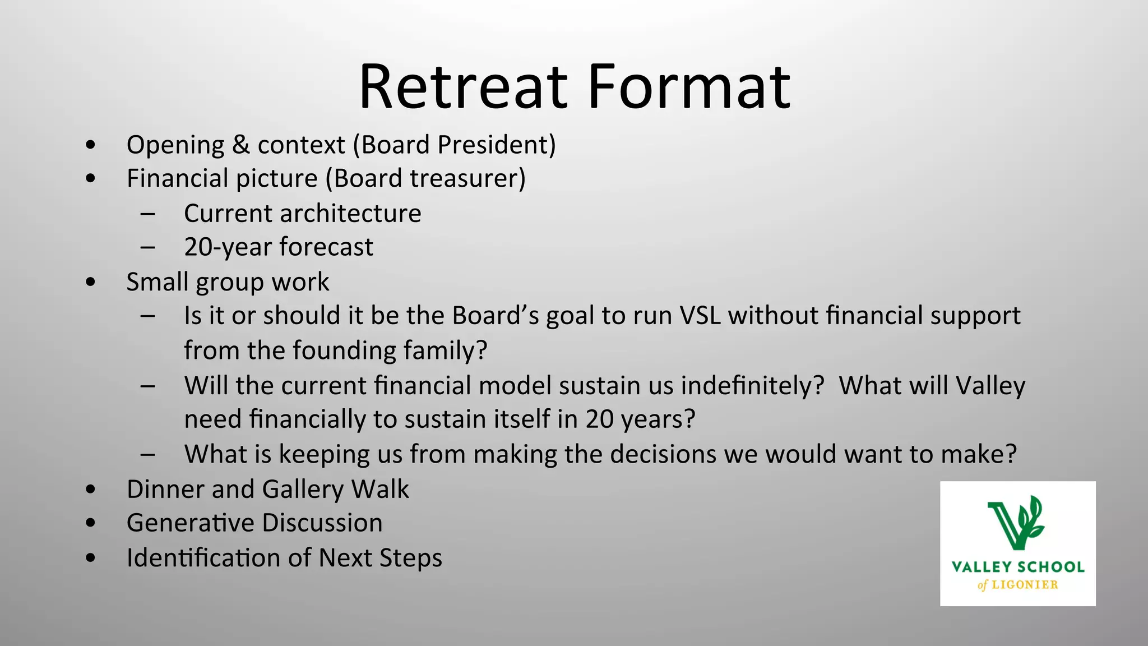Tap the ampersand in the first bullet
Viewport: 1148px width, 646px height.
(240, 145)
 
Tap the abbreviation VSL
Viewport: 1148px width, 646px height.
(700, 316)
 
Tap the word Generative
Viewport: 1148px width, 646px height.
(190, 523)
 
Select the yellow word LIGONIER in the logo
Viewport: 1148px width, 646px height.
(1025, 585)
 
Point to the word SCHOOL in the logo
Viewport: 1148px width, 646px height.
(1051, 567)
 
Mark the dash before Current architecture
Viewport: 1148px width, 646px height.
(148, 213)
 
